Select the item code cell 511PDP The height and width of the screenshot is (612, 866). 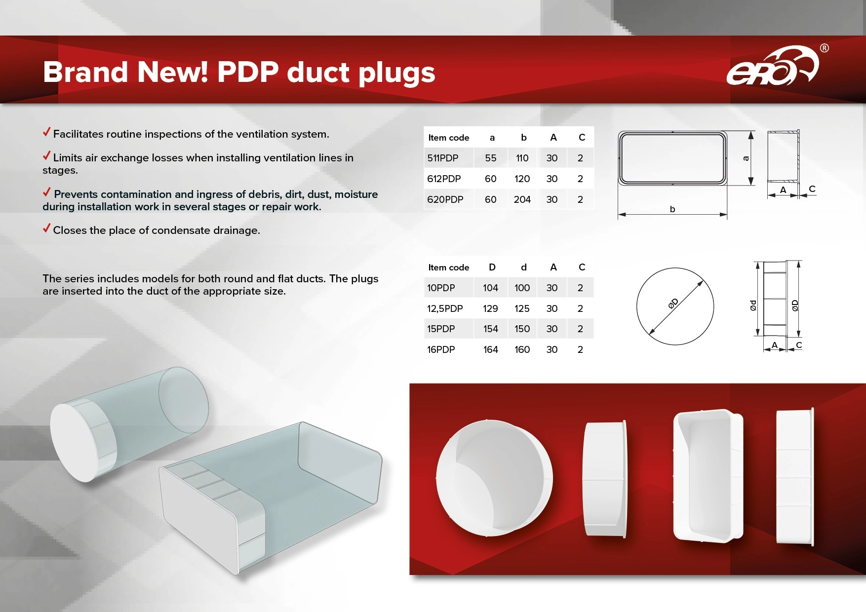[443, 158]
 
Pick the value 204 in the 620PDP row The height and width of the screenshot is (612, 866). [522, 199]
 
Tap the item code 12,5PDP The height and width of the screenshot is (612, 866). [445, 308]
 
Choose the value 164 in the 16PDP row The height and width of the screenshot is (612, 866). [490, 349]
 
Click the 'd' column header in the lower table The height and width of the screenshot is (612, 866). [524, 267]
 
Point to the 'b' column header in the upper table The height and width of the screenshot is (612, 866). [524, 137]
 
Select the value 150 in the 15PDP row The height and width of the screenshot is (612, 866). [522, 329]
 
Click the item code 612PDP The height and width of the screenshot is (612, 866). [444, 179]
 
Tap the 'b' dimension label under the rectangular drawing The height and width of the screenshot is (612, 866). [672, 209]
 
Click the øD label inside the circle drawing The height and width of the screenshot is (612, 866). [673, 304]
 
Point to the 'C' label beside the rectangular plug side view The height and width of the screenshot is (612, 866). [812, 189]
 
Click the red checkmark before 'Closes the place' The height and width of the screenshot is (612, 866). [46, 228]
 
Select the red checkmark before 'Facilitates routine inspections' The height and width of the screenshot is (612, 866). [46, 132]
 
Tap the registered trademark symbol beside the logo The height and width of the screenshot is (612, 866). [825, 48]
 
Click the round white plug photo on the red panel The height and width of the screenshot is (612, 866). [494, 478]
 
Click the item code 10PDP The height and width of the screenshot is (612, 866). [441, 288]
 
